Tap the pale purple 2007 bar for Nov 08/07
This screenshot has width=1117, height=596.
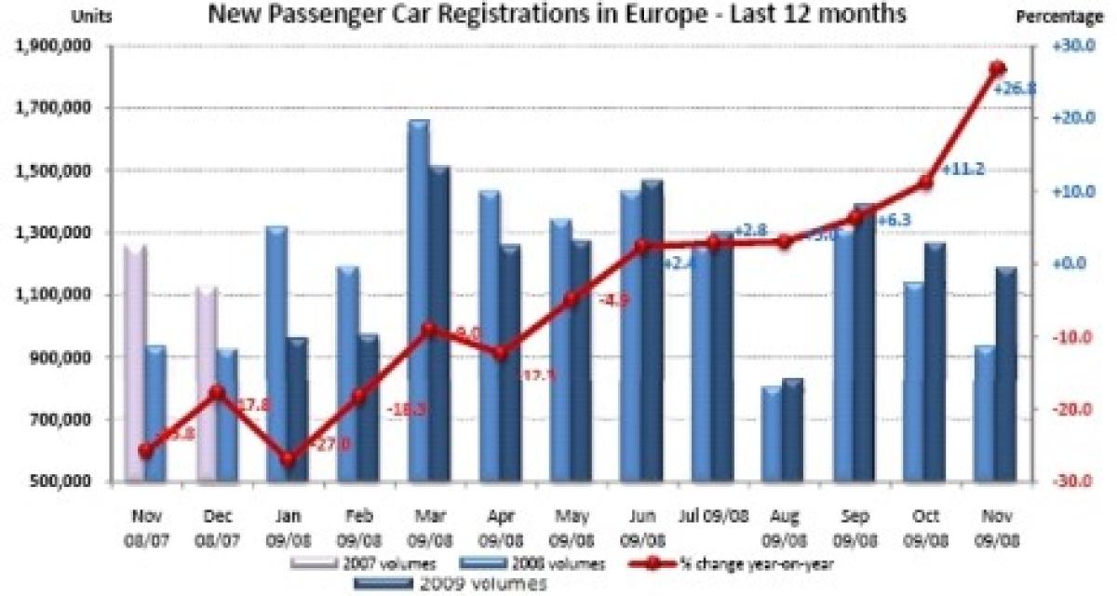[135, 363]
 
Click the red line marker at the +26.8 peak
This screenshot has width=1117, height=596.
[997, 69]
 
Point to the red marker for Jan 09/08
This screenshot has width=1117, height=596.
[288, 459]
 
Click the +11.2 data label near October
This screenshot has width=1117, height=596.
[962, 170]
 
